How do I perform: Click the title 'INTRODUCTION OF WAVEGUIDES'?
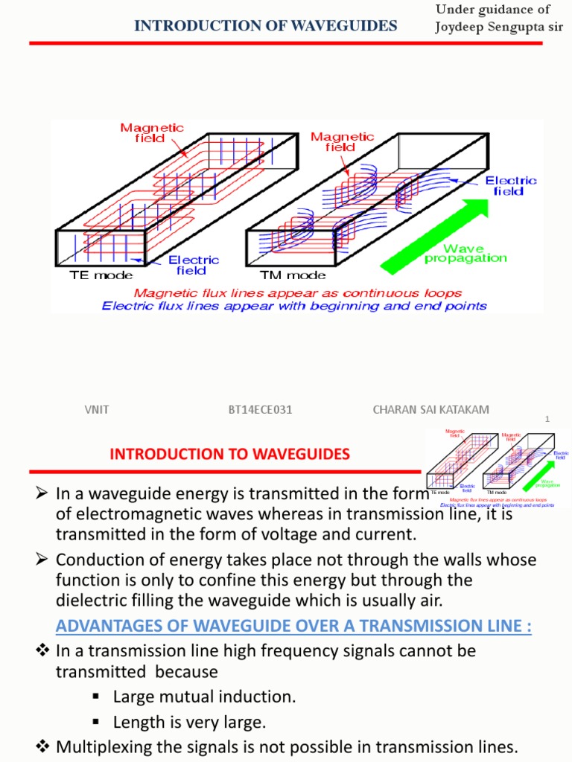coord(265,27)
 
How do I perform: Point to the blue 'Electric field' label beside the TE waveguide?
coord(193,265)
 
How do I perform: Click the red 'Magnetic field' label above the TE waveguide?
coord(152,133)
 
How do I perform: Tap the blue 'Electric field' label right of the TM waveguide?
coord(510,185)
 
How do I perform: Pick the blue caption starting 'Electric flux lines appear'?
coord(294,306)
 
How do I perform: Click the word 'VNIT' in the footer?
coord(97,410)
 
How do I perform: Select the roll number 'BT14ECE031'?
coord(260,410)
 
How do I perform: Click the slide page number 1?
coord(547,420)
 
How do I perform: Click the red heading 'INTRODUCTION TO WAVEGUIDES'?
coord(229,454)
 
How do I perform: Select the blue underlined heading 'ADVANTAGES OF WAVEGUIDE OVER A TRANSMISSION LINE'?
coord(293,627)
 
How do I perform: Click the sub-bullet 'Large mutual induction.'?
coord(204,697)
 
